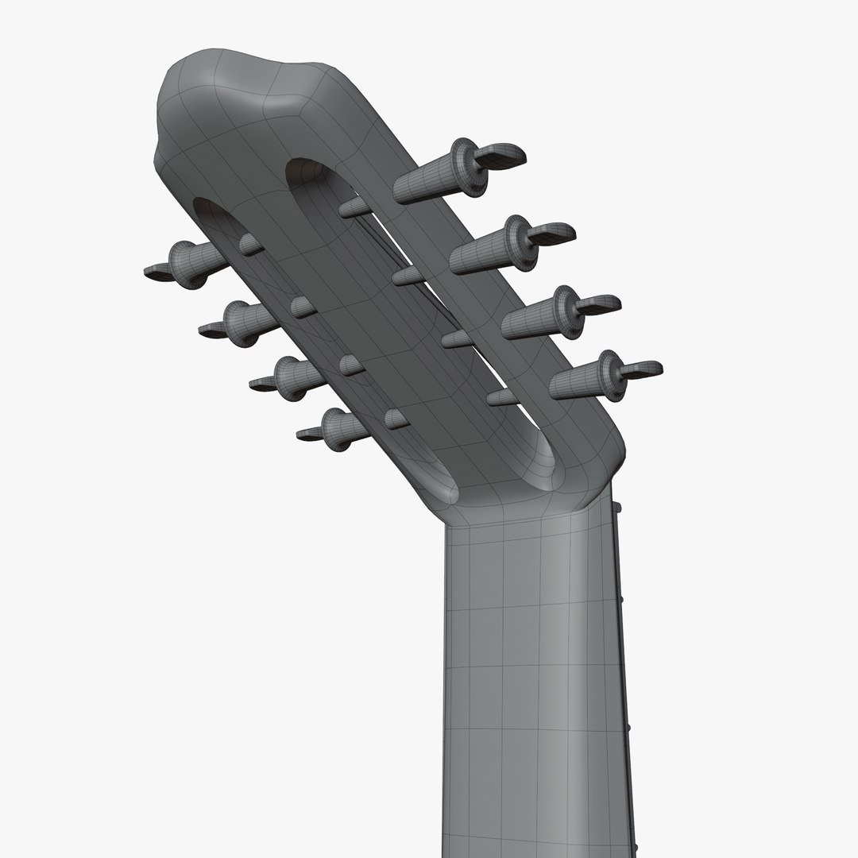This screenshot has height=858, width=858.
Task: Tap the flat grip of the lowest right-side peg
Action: click(x=640, y=369)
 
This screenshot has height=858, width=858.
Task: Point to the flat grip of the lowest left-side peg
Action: click(x=311, y=434)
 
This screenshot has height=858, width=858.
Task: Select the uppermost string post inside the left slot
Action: click(x=251, y=244)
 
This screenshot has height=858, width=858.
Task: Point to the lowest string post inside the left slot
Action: click(x=396, y=419)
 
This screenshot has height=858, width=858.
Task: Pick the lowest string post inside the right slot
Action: click(x=503, y=396)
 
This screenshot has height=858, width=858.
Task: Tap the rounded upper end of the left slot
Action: click(x=213, y=213)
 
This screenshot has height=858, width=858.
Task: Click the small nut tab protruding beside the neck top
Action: click(x=616, y=507)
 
